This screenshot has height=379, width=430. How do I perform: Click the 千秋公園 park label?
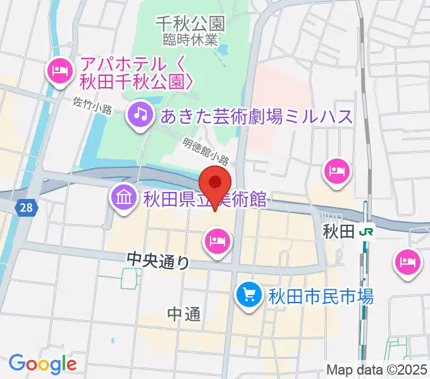click(x=190, y=24)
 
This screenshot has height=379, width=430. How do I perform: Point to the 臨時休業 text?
click(x=190, y=39)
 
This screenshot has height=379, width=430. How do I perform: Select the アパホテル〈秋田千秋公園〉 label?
click(x=135, y=73)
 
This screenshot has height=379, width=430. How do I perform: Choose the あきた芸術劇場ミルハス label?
click(x=256, y=116)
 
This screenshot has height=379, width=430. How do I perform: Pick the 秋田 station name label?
click(x=339, y=232)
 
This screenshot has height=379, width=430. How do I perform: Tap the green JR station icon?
click(x=365, y=232)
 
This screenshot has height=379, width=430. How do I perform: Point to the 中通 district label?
click(x=185, y=314)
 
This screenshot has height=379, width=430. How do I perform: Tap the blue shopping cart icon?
click(x=249, y=294)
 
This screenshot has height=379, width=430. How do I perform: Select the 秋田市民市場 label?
click(x=321, y=295)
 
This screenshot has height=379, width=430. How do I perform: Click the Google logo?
click(x=42, y=364)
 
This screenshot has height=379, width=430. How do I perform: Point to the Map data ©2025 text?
click(x=377, y=370)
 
